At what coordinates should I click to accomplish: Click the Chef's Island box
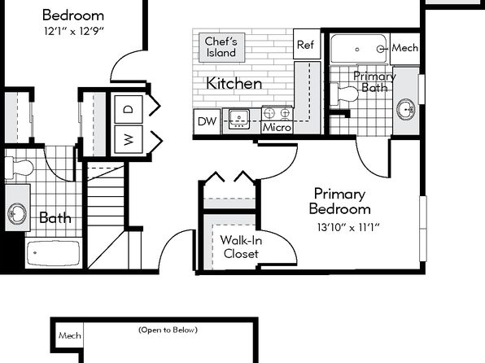tap(221, 47)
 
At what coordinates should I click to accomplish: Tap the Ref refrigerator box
tap(307, 44)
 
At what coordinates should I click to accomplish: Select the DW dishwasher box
tap(207, 121)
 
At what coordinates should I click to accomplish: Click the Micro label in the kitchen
tap(277, 127)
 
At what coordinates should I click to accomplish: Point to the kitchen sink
tap(238, 119)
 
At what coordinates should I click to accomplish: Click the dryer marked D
tap(129, 109)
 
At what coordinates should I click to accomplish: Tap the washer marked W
tap(129, 139)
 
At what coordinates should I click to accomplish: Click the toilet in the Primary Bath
tap(344, 94)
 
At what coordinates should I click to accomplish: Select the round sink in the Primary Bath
tap(406, 109)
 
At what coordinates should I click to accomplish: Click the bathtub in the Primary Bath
tap(359, 49)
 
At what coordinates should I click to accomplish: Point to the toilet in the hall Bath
tap(19, 168)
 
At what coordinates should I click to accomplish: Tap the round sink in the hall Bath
tap(17, 214)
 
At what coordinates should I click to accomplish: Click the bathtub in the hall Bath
tap(53, 253)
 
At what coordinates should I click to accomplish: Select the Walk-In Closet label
tap(241, 247)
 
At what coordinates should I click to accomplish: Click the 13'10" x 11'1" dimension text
tap(348, 227)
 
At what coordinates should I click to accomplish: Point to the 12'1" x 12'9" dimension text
tap(73, 31)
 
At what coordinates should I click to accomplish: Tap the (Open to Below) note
tap(168, 330)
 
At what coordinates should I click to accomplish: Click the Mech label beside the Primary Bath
tap(405, 48)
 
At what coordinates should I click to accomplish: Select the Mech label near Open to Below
tap(70, 335)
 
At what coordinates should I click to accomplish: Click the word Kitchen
tap(234, 83)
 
